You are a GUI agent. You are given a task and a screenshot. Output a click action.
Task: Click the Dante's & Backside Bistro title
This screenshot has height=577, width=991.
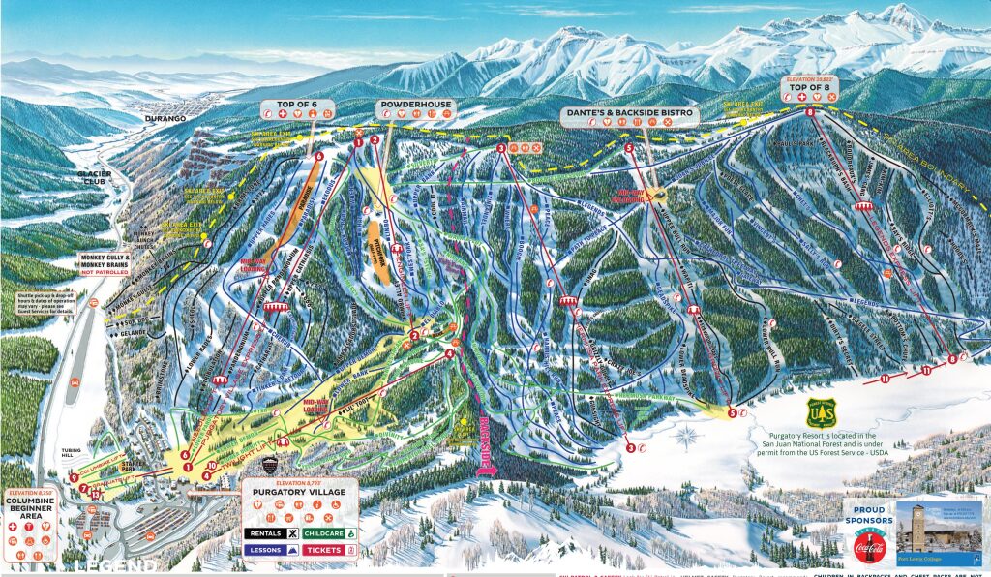tap(629, 113)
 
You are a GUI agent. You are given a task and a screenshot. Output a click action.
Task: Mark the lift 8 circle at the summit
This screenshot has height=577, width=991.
tap(809, 114)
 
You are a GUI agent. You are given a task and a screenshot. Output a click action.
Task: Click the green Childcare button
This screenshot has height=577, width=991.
tap(330, 532)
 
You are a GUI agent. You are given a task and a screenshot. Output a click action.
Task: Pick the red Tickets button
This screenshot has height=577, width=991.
tap(330, 550)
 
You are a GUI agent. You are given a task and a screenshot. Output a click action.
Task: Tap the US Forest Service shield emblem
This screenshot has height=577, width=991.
tap(821, 413)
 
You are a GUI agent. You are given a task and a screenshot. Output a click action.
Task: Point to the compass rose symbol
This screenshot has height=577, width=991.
tap(686, 436)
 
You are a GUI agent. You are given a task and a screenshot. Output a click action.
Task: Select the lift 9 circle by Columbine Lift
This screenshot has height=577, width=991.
tap(74, 477)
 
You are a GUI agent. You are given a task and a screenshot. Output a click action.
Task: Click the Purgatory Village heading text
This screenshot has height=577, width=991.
tap(299, 491)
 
